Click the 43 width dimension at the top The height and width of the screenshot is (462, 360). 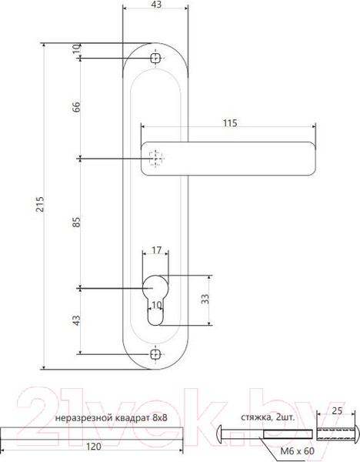[x=156, y=5]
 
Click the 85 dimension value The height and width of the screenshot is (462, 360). [x=76, y=223]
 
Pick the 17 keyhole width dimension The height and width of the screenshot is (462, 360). [x=156, y=250]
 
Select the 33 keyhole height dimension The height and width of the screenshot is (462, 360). [x=205, y=299]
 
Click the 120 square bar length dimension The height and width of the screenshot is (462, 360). [x=92, y=445]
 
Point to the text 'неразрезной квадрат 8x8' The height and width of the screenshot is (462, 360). [x=112, y=418]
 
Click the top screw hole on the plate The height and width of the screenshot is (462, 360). [x=156, y=58]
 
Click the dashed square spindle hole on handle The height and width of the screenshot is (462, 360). [x=156, y=159]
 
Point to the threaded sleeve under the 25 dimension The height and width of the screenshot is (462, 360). [x=336, y=436]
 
